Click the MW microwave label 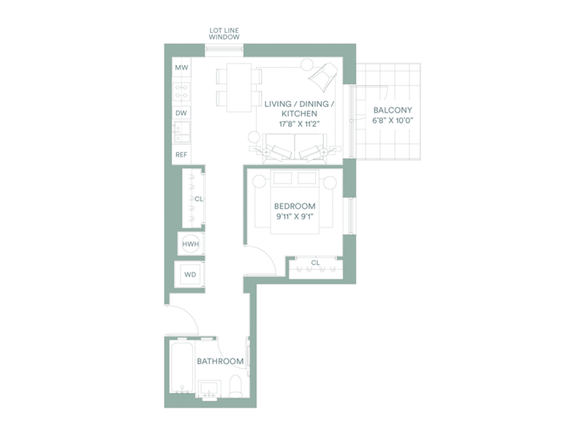click(181, 67)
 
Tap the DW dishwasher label click(181, 113)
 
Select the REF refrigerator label click(181, 154)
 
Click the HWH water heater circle click(191, 244)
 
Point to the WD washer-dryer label click(190, 275)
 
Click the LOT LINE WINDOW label click(224, 34)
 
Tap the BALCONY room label click(393, 110)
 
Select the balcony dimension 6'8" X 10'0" click(393, 121)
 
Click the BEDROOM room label click(295, 206)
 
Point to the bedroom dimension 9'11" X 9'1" click(295, 217)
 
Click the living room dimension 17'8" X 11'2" click(300, 124)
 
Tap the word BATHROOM click(220, 361)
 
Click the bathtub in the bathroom click(181, 367)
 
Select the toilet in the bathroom click(235, 386)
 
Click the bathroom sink click(209, 390)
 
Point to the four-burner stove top click(181, 91)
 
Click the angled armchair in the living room click(324, 77)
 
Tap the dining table click(239, 88)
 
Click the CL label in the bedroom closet click(315, 263)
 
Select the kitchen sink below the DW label click(181, 132)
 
